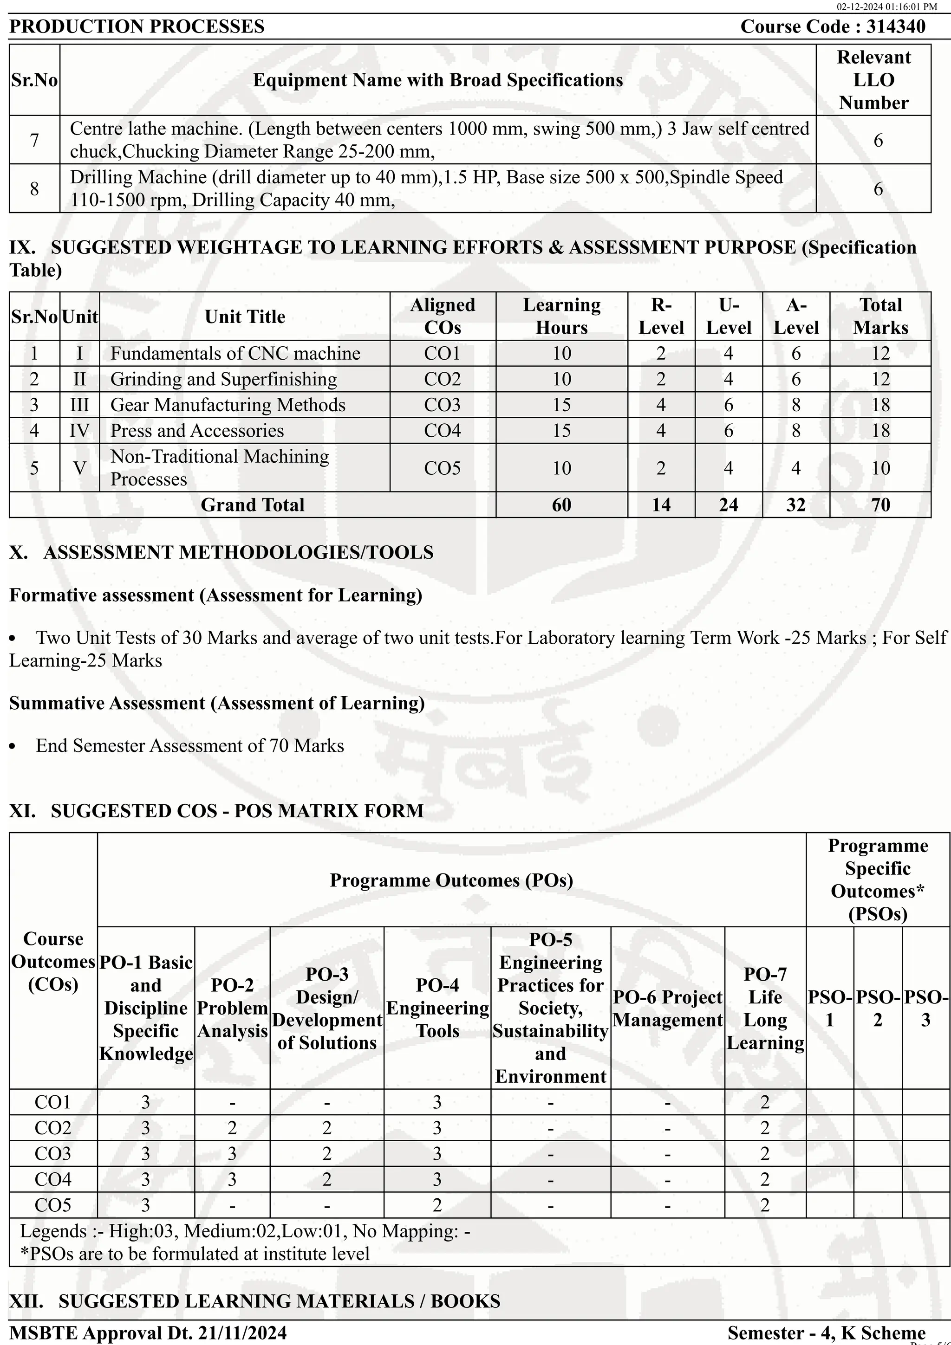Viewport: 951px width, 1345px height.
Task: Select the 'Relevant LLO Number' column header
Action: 873,80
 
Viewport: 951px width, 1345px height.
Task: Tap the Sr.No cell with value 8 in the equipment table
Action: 34,188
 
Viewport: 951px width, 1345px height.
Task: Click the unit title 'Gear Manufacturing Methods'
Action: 228,405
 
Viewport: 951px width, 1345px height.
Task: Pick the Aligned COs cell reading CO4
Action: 443,431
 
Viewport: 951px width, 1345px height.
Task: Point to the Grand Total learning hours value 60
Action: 561,505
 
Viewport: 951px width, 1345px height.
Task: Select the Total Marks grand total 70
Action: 880,505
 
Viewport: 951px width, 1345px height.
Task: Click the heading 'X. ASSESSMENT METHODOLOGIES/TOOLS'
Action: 221,552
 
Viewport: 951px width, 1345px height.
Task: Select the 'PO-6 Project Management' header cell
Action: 667,1008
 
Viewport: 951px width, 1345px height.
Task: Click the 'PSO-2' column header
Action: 877,1008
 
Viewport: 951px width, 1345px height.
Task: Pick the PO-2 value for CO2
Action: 232,1128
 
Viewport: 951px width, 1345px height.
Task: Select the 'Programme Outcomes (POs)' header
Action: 451,880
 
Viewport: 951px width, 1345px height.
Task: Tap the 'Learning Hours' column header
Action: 561,317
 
